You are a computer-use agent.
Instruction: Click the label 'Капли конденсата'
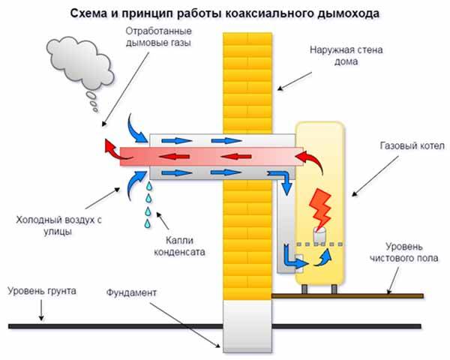pyautogui.click(x=192, y=247)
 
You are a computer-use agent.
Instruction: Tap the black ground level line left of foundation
pyautogui.click(x=112, y=325)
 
